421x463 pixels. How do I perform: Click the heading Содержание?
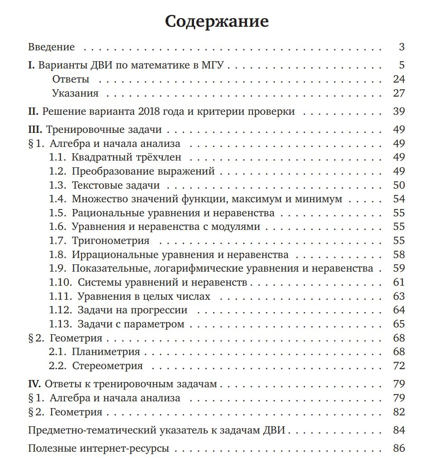(217, 21)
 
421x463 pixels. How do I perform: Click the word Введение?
(51, 47)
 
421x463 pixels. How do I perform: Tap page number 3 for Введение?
(402, 47)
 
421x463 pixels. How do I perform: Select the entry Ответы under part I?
(71, 79)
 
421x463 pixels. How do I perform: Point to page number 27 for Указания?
(399, 93)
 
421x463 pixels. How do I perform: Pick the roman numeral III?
(35, 130)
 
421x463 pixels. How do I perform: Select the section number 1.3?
(58, 185)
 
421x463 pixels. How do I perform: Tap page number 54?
(399, 199)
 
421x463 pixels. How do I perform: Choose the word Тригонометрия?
(110, 240)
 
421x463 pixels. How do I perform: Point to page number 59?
(399, 268)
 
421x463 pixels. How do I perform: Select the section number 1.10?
(60, 283)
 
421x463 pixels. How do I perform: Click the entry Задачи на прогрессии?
(132, 311)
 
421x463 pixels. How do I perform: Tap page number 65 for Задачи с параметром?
(399, 324)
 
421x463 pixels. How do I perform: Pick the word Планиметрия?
(106, 352)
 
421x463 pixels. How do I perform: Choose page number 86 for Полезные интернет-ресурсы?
(399, 449)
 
